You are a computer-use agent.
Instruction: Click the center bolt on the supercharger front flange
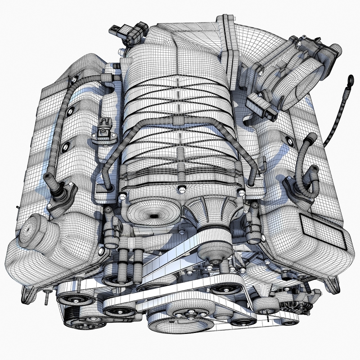180,187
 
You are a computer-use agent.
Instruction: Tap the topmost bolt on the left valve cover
72,80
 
